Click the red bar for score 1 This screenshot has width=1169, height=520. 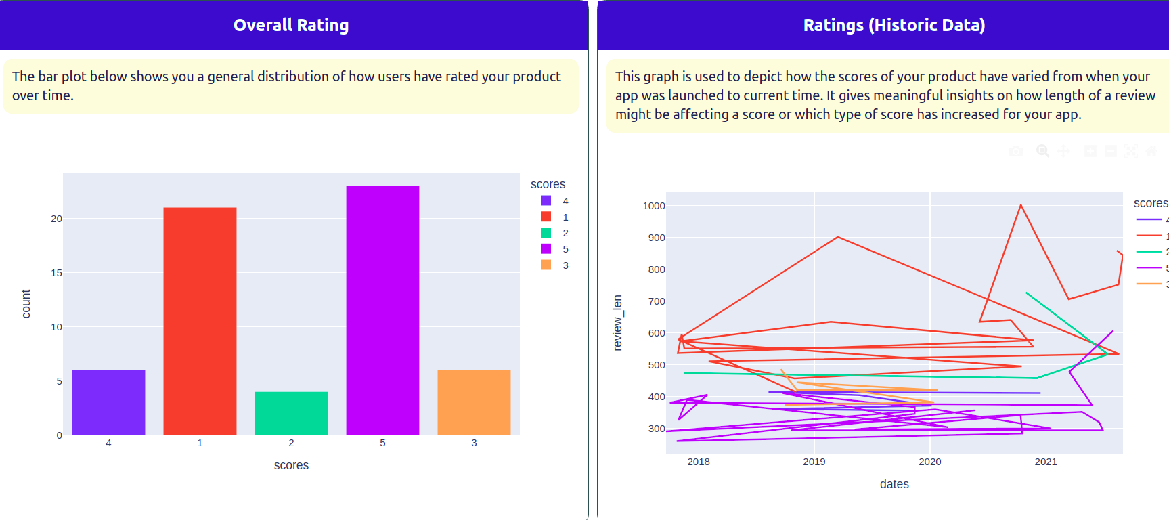pyautogui.click(x=200, y=322)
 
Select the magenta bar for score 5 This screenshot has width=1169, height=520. pyautogui.click(x=382, y=311)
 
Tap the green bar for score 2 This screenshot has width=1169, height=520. pyautogui.click(x=291, y=414)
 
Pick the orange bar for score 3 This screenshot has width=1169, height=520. pyautogui.click(x=474, y=403)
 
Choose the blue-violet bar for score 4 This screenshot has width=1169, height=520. pyautogui.click(x=108, y=403)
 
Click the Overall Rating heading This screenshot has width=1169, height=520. pyautogui.click(x=291, y=25)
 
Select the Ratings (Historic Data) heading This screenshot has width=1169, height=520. pyautogui.click(x=894, y=25)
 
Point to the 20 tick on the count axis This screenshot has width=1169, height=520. pyautogui.click(x=56, y=219)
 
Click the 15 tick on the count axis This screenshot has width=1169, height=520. pyautogui.click(x=56, y=273)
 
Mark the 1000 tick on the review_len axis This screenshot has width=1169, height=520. pyautogui.click(x=654, y=206)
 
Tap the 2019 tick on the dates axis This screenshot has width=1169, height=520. pyautogui.click(x=814, y=462)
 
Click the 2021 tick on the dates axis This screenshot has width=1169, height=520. pyautogui.click(x=1045, y=462)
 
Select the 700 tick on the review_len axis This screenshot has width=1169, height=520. pyautogui.click(x=657, y=301)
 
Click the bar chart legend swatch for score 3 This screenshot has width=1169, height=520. pyautogui.click(x=546, y=265)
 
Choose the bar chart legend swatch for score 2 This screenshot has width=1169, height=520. pyautogui.click(x=546, y=233)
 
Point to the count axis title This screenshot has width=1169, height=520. pyautogui.click(x=26, y=303)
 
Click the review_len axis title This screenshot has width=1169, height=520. pyautogui.click(x=617, y=322)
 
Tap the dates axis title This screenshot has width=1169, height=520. pyautogui.click(x=894, y=484)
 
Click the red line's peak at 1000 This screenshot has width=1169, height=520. pyautogui.click(x=1021, y=205)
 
